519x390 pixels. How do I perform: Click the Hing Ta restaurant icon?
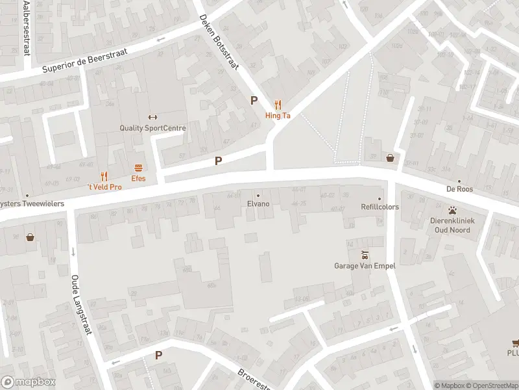278,104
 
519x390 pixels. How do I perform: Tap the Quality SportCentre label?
152,128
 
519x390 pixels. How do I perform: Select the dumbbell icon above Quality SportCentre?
152,117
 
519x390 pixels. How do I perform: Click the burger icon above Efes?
138,167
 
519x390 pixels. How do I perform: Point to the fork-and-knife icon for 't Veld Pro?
104,175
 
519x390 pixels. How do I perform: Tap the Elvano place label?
258,203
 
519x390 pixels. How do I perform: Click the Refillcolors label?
380,207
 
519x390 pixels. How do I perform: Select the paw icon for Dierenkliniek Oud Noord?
452,210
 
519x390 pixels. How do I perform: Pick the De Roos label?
459,189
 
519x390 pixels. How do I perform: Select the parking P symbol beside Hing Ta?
254,101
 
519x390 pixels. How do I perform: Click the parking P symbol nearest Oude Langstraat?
158,356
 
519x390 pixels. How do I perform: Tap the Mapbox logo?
28,382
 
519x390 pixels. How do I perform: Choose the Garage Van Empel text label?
365,265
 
